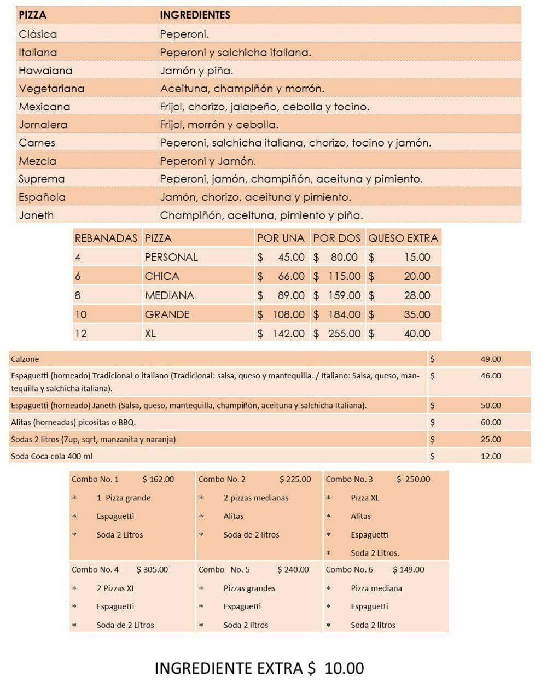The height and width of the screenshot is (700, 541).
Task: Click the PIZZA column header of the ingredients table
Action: pyautogui.click(x=33, y=15)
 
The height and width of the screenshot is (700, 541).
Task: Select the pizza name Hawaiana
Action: pyautogui.click(x=45, y=71)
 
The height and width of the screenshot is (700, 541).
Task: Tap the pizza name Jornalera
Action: pyautogui.click(x=43, y=125)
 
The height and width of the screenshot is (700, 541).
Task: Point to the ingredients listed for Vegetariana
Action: pyautogui.click(x=242, y=89)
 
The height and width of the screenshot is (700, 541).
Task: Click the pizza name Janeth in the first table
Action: pyautogui.click(x=36, y=215)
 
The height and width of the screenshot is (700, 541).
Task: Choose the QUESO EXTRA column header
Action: pyautogui.click(x=403, y=238)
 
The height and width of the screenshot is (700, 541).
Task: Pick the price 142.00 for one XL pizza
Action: pyautogui.click(x=288, y=334)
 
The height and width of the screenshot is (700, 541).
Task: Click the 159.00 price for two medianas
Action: pyautogui.click(x=344, y=295)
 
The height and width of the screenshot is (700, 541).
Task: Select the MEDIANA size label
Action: pyautogui.click(x=169, y=295)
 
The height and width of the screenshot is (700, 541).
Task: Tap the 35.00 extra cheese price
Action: pyautogui.click(x=417, y=314)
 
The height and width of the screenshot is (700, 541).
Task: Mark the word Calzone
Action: pyautogui.click(x=25, y=359)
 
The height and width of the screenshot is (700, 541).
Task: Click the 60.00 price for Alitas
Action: pyautogui.click(x=491, y=422)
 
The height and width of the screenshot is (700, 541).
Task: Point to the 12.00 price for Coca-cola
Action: pyautogui.click(x=491, y=456)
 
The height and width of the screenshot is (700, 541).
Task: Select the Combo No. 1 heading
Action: pyautogui.click(x=95, y=480)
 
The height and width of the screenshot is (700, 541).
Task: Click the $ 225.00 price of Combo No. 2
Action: pyautogui.click(x=295, y=480)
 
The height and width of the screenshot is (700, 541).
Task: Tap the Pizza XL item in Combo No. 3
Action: pyautogui.click(x=365, y=498)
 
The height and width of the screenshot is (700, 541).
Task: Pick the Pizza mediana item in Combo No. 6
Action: pyautogui.click(x=376, y=588)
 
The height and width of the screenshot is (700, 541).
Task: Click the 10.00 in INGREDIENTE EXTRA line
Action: pyautogui.click(x=344, y=668)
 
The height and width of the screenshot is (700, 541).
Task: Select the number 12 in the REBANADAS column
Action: pyautogui.click(x=80, y=334)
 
